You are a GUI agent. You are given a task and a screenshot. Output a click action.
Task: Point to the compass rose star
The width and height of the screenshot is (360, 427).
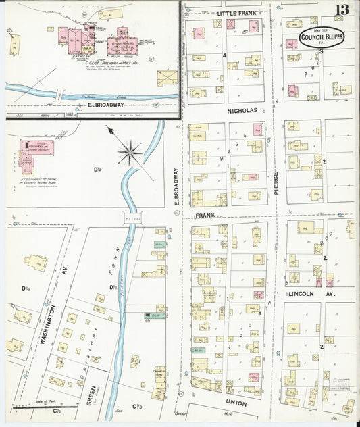[130, 151]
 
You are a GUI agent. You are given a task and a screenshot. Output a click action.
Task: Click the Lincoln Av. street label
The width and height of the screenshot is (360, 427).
[307, 295]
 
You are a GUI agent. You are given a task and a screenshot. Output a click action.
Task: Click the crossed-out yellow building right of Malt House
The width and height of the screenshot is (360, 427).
[168, 78]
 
